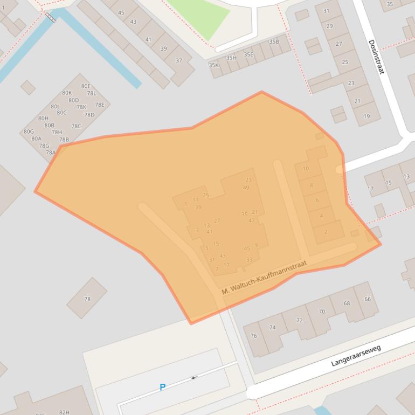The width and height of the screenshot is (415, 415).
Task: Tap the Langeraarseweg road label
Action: [356, 356]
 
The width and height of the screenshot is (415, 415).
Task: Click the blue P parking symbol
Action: [162, 387]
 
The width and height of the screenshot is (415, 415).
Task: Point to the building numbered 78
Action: [87, 299]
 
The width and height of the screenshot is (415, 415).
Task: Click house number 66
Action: [368, 299]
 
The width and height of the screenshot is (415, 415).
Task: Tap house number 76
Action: [253, 336]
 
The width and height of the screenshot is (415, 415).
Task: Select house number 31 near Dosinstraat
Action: [326, 11]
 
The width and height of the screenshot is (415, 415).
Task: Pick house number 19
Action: [366, 116]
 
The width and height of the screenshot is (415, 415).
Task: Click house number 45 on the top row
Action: [121, 13]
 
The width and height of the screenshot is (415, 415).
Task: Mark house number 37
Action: [178, 61]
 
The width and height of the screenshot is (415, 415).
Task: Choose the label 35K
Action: [214, 65]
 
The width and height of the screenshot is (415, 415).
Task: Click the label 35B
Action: [274, 41]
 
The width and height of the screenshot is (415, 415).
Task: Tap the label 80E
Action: [86, 86]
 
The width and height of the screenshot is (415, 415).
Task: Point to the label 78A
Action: [51, 153]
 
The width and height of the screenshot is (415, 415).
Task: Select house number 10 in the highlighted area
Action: [306, 169]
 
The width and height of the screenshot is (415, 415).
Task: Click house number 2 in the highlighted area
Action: [326, 232]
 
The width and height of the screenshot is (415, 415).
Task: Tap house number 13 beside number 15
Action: [406, 176]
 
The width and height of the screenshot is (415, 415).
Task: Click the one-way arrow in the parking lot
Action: [194, 377]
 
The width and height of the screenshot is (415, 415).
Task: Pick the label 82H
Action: [64, 412]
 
